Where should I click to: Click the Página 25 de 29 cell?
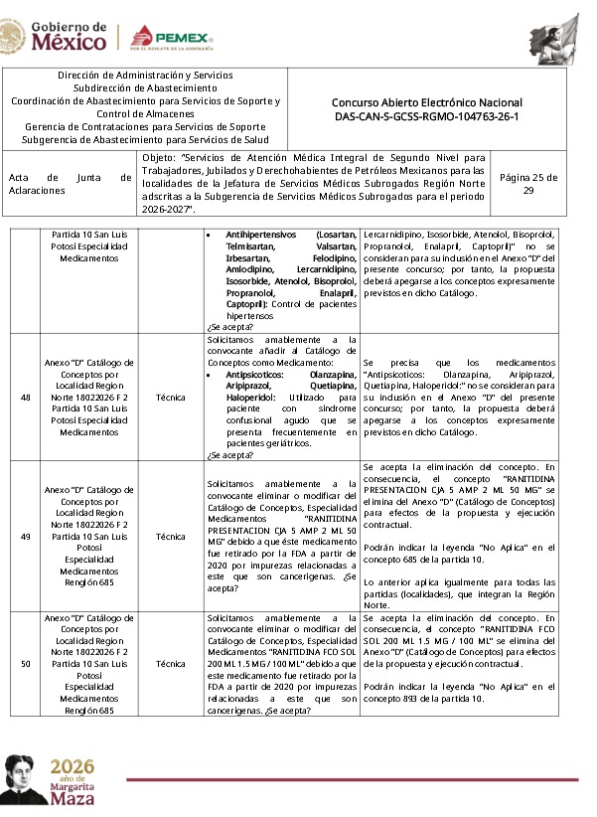542,184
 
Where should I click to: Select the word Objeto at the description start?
158,157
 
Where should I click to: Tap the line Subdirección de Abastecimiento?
145,87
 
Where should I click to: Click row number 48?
25,397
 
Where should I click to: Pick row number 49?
25,536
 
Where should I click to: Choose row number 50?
25,663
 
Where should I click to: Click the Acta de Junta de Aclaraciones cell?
70,184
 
